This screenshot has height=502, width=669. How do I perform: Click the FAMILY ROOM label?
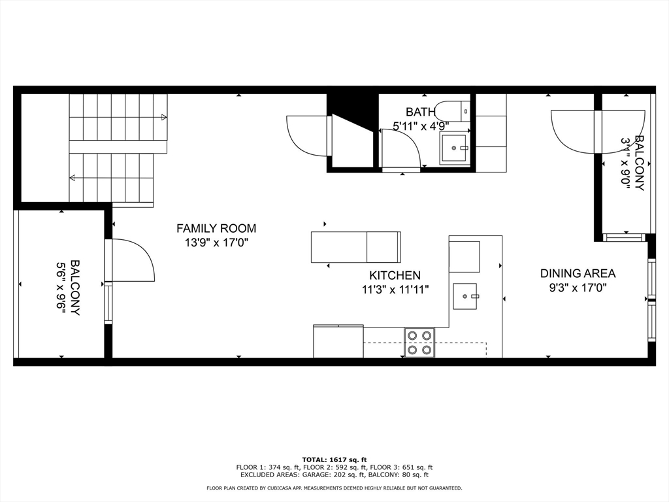[216, 229]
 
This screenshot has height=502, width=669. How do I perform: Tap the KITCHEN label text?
[395, 276]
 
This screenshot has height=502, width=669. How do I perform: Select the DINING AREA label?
[578, 274]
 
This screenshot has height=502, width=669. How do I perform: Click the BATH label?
[419, 112]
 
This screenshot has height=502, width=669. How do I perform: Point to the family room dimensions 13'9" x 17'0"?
[216, 243]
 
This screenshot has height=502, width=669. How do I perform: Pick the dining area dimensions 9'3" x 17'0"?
[578, 288]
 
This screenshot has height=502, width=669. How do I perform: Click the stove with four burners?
[419, 343]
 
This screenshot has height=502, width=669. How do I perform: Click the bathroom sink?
[453, 149]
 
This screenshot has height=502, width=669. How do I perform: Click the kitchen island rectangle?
[355, 247]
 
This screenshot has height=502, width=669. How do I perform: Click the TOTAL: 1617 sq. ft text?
[334, 460]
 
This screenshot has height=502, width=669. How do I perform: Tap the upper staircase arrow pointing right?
[162, 117]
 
